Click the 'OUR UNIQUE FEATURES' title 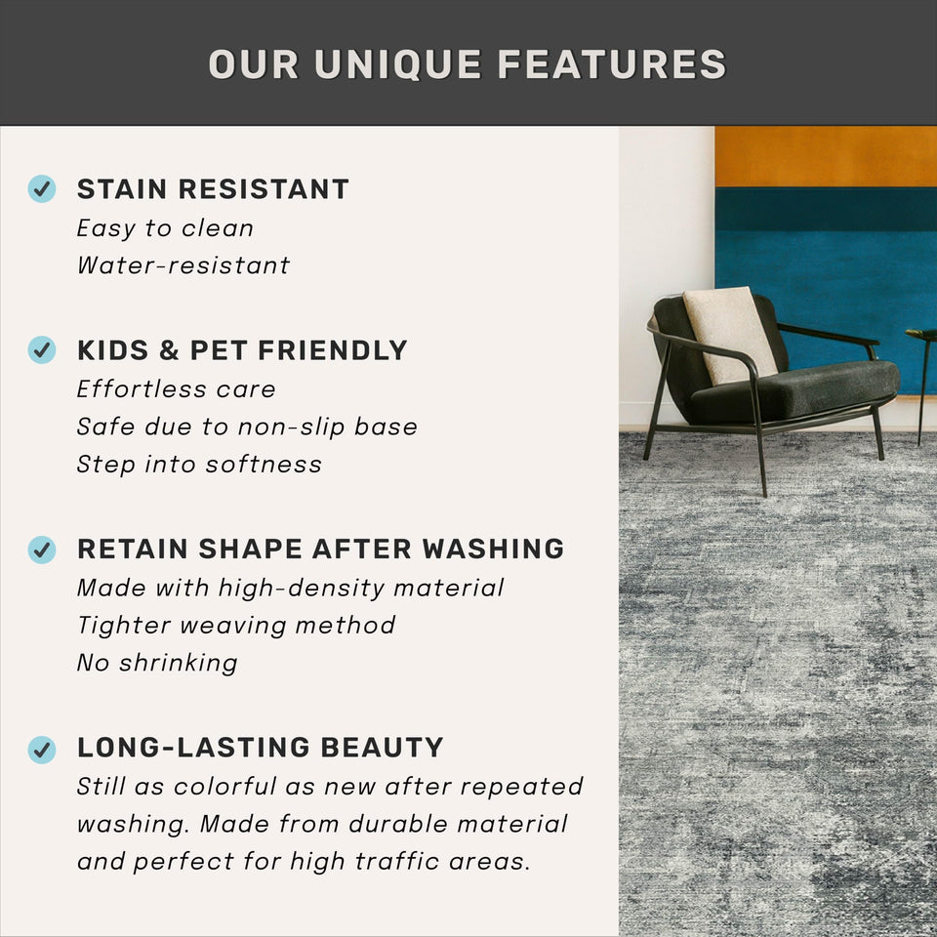point(468,64)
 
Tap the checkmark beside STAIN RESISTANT point(41,188)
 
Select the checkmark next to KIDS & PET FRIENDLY point(41,349)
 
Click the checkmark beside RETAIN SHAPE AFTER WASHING point(41,550)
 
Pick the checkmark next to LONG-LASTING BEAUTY point(41,749)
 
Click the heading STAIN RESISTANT point(213,189)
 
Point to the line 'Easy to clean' point(165,228)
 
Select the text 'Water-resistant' point(183,265)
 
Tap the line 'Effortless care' point(177,389)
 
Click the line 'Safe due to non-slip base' point(247,427)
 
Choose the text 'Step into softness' point(199,465)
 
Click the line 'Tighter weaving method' point(236,626)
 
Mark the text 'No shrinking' point(157,664)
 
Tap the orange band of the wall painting point(825,156)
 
